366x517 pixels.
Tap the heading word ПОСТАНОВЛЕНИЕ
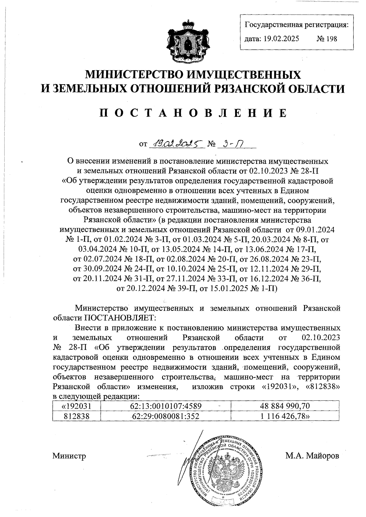(x=193, y=113)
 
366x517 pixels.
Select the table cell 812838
(x=77, y=416)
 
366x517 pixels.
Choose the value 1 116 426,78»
(x=285, y=416)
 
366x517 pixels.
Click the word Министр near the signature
(x=69, y=456)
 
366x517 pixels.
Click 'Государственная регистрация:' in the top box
(x=297, y=25)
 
